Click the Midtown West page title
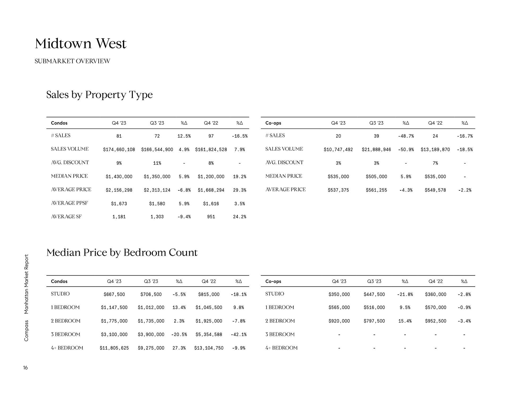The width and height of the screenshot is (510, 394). pos(80,44)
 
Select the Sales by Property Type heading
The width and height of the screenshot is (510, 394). pos(99,95)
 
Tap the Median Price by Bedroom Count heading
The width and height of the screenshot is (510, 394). pos(122,252)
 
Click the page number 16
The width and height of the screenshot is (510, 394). pos(25,368)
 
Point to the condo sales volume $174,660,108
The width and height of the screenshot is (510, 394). pos(119,150)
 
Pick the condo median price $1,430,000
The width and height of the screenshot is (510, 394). pos(119,177)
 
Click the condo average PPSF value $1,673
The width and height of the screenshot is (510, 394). pos(119,204)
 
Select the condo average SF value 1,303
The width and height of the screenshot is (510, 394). pos(157,217)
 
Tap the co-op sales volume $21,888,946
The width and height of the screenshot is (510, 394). pos(376,150)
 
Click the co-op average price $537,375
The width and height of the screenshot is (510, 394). pos(338,190)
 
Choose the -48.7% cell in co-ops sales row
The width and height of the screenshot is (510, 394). pos(406,136)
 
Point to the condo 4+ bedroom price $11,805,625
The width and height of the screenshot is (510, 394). pos(114,348)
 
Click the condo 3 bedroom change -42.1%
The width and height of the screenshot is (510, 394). pos(239,335)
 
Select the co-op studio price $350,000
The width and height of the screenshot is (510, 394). pos(339,294)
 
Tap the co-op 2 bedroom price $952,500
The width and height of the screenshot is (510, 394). pos(435,321)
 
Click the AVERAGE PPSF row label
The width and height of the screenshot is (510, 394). pos(69,203)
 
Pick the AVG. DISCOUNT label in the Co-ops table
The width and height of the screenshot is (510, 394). pos(284,162)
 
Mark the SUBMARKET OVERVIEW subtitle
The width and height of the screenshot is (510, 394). pos(72,61)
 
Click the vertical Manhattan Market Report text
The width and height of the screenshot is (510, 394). pos(26,284)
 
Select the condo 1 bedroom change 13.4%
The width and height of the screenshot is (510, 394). pos(179,308)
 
